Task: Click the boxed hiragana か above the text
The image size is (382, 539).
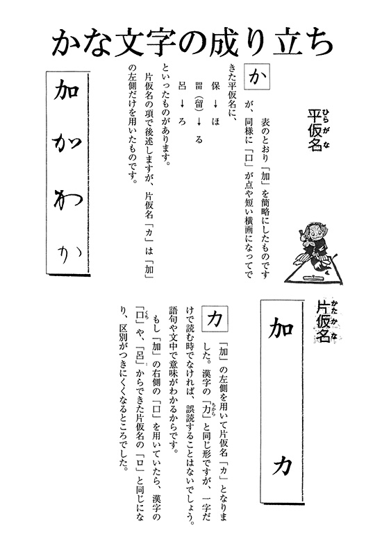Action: click(256, 77)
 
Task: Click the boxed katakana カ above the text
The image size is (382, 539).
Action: click(215, 318)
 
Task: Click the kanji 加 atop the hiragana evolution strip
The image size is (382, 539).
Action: click(67, 91)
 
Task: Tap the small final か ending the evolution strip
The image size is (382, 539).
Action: click(69, 255)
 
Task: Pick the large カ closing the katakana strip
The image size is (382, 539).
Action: click(282, 465)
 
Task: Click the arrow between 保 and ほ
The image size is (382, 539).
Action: click(216, 103)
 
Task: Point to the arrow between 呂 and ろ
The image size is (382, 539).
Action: click(182, 103)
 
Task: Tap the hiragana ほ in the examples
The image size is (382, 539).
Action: click(216, 121)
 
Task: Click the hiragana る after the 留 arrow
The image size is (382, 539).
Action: click(199, 140)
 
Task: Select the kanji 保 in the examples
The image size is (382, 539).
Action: click(216, 85)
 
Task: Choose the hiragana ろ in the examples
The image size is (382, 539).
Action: click(182, 121)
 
